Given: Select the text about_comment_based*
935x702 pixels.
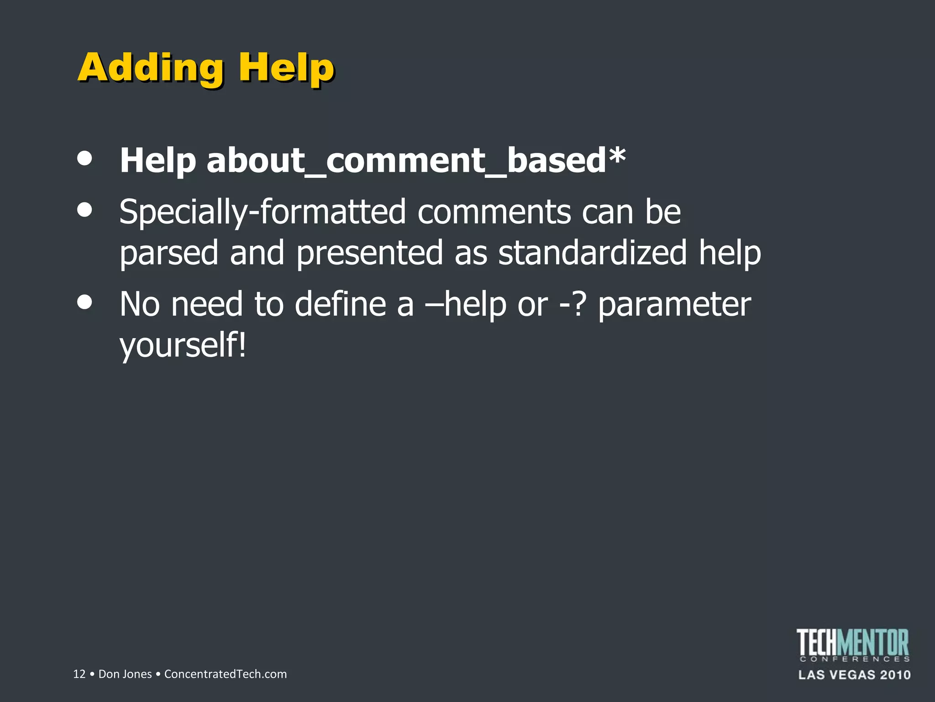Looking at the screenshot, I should pyautogui.click(x=416, y=161).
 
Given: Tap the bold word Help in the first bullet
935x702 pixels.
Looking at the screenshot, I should pyautogui.click(x=158, y=161).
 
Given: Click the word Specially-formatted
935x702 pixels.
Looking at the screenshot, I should pyautogui.click(x=263, y=212).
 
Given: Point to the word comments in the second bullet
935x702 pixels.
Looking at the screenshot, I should pyautogui.click(x=494, y=212).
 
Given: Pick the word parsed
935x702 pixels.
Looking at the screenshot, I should pyautogui.click(x=169, y=253).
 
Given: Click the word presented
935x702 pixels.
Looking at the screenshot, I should pyautogui.click(x=369, y=253).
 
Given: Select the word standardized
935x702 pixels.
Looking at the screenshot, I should pyautogui.click(x=592, y=253).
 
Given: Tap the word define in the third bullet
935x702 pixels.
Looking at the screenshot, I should pyautogui.click(x=340, y=304).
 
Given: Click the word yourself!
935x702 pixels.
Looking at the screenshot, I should pyautogui.click(x=183, y=346).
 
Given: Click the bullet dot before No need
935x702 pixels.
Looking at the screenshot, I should pyautogui.click(x=85, y=302).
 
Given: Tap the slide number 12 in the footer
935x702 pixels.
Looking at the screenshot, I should pyautogui.click(x=79, y=674).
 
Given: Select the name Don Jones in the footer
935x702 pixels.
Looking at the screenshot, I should pyautogui.click(x=125, y=674).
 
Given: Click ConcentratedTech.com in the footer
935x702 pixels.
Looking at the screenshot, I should pyautogui.click(x=226, y=674).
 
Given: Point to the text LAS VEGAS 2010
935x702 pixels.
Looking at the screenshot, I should pyautogui.click(x=854, y=675).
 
